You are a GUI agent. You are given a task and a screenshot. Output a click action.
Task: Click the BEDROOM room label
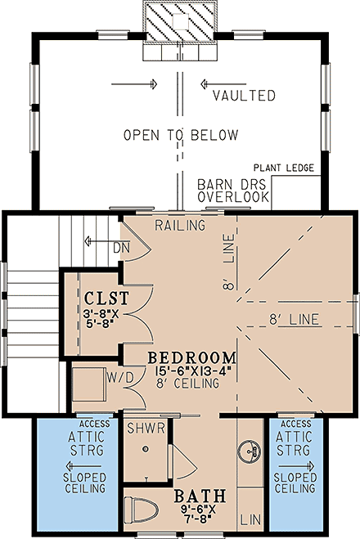(192, 358)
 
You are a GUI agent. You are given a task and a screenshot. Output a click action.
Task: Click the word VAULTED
(244, 96)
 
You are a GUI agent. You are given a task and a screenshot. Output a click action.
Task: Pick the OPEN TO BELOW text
(181, 135)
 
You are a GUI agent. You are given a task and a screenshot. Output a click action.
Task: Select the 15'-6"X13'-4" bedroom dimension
(192, 372)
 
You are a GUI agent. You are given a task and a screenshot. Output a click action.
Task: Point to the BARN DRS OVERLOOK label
(232, 191)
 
